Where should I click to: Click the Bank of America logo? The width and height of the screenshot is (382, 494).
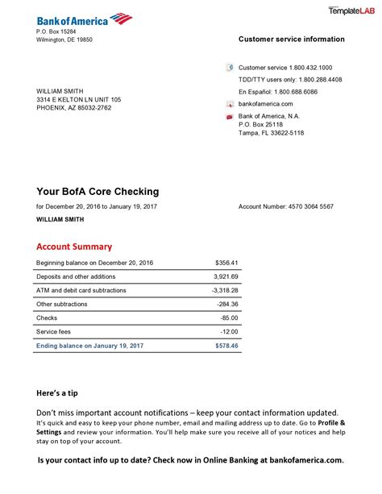click(x=84, y=19)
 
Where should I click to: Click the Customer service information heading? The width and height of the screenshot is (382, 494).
click(x=291, y=39)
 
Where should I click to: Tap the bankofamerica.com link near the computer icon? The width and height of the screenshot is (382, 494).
click(x=266, y=104)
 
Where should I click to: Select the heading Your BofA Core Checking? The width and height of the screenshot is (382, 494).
click(x=98, y=192)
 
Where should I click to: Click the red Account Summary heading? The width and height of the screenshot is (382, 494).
click(x=74, y=247)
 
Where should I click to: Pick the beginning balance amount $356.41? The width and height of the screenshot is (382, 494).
click(x=226, y=263)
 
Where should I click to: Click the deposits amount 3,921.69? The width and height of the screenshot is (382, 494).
click(x=225, y=276)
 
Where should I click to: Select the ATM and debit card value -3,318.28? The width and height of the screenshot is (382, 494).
click(x=225, y=290)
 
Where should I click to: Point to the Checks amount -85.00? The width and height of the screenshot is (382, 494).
click(x=228, y=318)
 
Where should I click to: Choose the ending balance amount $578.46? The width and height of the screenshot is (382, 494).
click(x=226, y=345)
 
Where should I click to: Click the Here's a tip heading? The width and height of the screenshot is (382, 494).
click(x=57, y=393)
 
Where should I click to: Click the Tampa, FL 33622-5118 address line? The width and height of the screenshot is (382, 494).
click(x=271, y=133)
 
